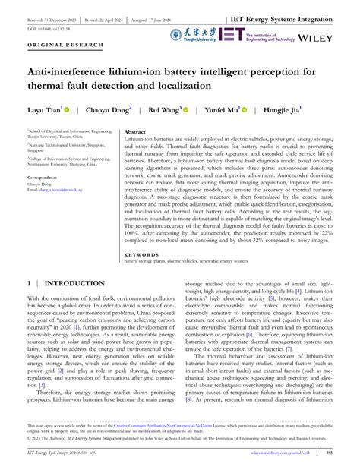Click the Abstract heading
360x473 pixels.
coord(136,131)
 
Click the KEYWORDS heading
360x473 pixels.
coord(142,254)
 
